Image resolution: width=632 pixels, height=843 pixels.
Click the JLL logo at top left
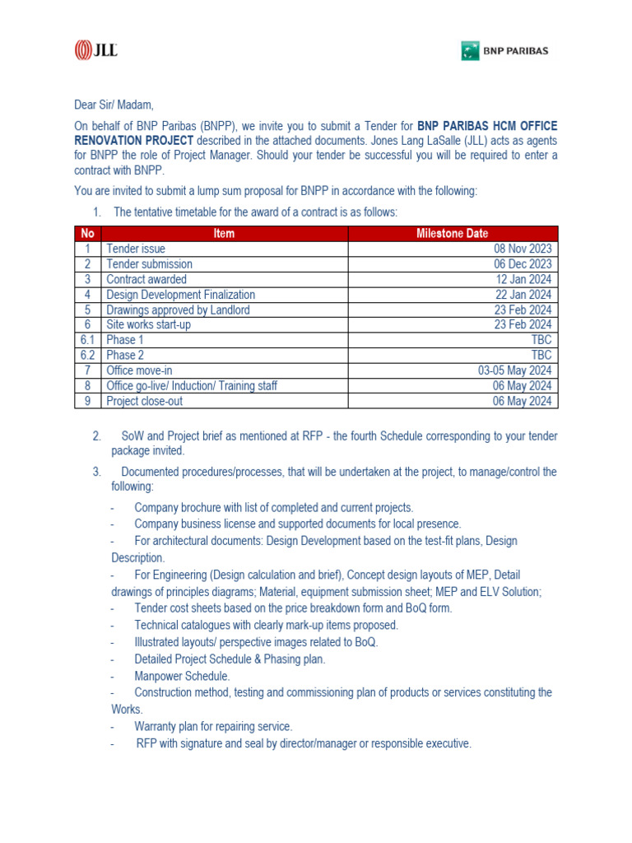tap(95, 50)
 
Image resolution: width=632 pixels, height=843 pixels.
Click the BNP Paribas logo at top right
tap(504, 51)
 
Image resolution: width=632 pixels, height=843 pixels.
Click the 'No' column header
tap(87, 234)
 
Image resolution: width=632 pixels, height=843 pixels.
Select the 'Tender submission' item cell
tap(149, 264)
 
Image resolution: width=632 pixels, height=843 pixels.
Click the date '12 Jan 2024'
tap(523, 279)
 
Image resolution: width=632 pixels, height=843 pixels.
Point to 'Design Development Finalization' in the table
tap(180, 295)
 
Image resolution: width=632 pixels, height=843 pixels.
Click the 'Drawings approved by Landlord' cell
tap(178, 310)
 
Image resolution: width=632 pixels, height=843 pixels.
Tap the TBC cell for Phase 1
tap(541, 340)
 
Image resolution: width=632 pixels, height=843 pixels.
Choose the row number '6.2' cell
tap(87, 356)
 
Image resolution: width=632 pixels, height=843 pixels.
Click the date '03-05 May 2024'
tap(515, 370)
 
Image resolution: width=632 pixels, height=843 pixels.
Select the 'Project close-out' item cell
tap(145, 401)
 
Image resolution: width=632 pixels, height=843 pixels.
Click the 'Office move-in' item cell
tap(139, 370)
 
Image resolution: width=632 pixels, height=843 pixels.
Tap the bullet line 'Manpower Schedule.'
tap(182, 676)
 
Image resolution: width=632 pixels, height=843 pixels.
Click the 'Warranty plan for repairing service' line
tap(213, 726)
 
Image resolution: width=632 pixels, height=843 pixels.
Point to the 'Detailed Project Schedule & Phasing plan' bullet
tap(230, 659)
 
